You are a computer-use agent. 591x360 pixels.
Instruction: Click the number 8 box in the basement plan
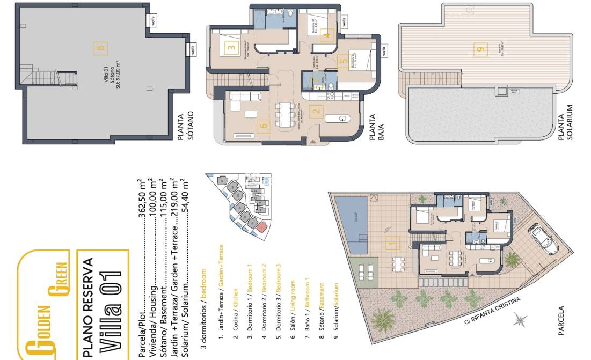pos(100,48)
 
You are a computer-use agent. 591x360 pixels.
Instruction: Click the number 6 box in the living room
pos(263,126)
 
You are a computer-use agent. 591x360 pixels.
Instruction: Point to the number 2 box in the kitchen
pos(316,112)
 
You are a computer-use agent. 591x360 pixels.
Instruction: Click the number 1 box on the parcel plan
pos(392,244)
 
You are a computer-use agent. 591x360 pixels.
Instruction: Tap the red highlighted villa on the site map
pos(261,226)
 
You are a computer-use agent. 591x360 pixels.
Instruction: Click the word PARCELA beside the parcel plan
pos(561,321)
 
